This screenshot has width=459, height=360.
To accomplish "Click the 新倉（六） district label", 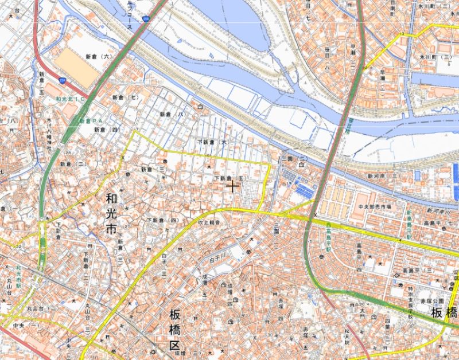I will [97, 57].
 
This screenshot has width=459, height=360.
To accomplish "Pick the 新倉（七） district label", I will [126, 97].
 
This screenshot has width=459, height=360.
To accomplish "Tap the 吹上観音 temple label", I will [210, 221].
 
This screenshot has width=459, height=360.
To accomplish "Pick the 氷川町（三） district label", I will [431, 58].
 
